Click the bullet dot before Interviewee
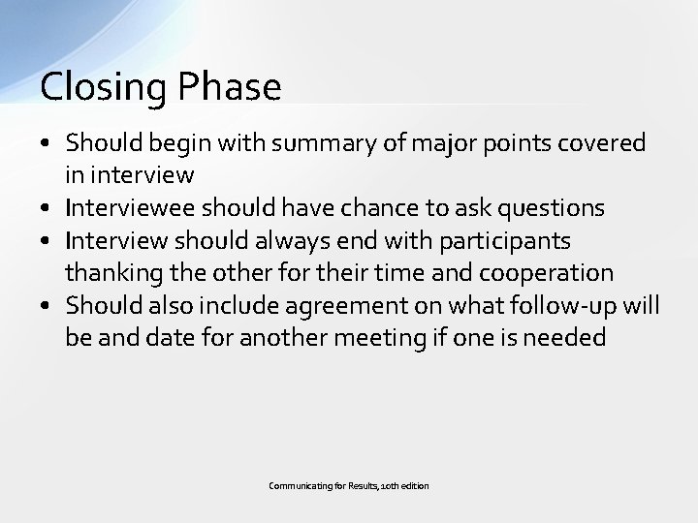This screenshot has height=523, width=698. click(x=48, y=208)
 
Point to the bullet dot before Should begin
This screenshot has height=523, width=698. click(x=48, y=144)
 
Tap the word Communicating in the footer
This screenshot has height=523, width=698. click(x=297, y=484)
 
